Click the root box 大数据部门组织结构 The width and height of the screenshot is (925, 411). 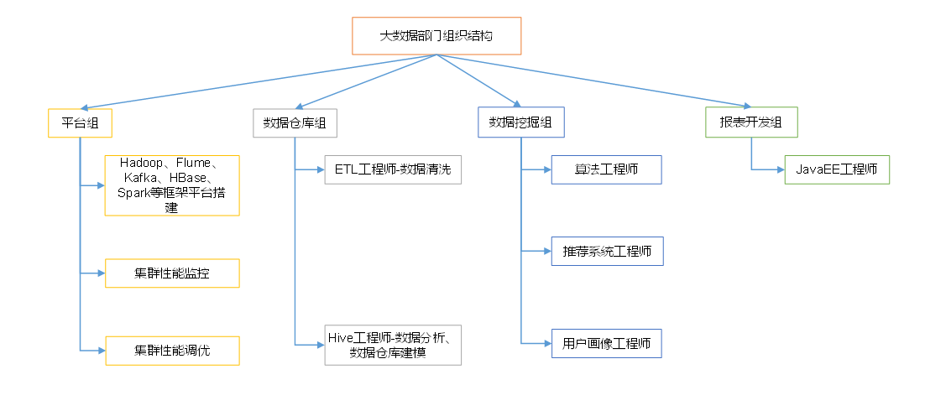(x=436, y=35)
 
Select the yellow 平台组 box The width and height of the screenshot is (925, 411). (x=79, y=122)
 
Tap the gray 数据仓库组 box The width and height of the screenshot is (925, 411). (x=295, y=122)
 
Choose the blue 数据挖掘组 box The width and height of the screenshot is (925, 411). (x=521, y=122)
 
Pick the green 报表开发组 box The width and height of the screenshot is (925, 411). (x=751, y=122)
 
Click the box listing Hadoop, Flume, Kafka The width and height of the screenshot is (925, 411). (x=172, y=185)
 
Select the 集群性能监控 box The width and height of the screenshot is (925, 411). (x=172, y=273)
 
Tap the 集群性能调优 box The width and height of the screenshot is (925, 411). (x=172, y=351)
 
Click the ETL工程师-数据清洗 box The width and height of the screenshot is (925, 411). (x=393, y=169)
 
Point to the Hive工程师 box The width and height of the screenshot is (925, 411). (x=393, y=345)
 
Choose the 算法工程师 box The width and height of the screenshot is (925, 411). (x=607, y=169)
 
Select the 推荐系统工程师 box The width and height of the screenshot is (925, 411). (x=607, y=251)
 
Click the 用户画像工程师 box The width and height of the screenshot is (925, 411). (x=607, y=343)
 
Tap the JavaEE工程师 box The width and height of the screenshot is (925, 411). (x=837, y=169)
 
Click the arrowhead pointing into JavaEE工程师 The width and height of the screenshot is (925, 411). (x=781, y=169)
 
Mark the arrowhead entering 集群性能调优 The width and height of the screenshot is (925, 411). (x=101, y=351)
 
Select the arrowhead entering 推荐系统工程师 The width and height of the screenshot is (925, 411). (x=547, y=251)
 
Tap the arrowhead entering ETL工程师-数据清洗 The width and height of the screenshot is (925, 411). (x=321, y=169)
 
